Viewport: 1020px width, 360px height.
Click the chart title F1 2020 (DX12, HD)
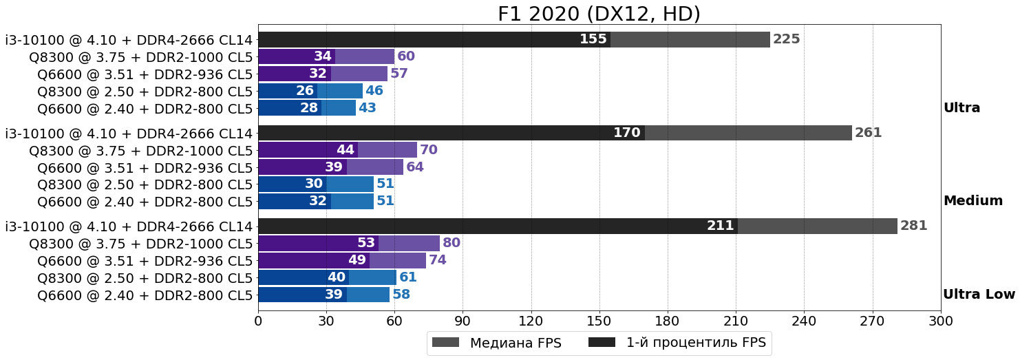coord(599,14)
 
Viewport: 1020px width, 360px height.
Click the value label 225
coord(786,39)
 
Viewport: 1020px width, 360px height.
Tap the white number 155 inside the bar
coord(593,39)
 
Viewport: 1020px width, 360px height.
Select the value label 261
coord(868,133)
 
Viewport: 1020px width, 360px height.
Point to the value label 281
coord(913,226)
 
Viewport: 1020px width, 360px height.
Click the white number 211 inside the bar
coord(721,226)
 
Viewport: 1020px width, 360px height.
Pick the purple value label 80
coord(451,243)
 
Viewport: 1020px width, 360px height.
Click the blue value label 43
coord(367,108)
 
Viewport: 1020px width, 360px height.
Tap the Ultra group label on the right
coord(961,108)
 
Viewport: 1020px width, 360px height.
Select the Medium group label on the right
coord(973,201)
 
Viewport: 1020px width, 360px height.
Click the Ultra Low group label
coord(979,295)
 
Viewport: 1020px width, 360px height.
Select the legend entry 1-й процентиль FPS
coord(695,343)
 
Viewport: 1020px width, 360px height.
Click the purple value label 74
coord(438,260)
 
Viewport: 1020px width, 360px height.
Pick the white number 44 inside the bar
coord(346,150)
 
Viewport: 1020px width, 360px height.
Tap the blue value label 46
coord(374,91)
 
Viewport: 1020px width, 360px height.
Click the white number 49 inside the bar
coord(357,260)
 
